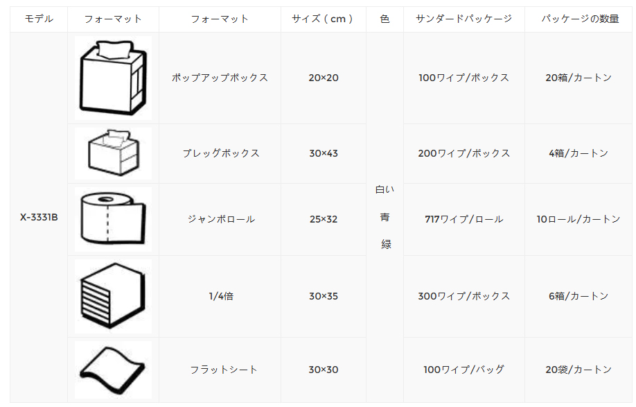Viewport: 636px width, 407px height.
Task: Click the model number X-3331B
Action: click(x=39, y=218)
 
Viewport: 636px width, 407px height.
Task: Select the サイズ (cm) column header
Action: click(x=323, y=19)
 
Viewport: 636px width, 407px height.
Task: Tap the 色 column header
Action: click(x=385, y=19)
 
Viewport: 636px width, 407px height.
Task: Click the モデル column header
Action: click(x=39, y=19)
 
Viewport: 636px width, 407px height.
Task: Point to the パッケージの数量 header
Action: click(x=580, y=19)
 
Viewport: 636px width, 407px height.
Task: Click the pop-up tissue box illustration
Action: click(x=113, y=78)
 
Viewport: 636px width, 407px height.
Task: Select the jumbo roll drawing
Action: click(x=113, y=218)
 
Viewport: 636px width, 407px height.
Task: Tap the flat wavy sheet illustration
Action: click(x=113, y=370)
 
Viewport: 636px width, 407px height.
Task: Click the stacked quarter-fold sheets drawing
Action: click(x=113, y=296)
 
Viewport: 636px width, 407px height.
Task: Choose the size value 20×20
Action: click(x=324, y=78)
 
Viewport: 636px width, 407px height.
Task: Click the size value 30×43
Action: click(x=324, y=153)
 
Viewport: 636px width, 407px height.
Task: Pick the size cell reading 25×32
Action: click(x=324, y=220)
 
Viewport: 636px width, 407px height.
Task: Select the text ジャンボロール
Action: click(x=221, y=220)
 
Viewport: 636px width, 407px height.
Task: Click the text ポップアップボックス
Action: click(x=220, y=78)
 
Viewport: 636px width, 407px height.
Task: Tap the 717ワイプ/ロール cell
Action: click(x=464, y=220)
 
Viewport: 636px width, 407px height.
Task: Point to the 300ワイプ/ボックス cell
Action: click(x=464, y=296)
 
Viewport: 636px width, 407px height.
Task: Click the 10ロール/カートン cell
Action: click(x=578, y=220)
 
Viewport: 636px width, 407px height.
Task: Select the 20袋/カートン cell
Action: click(x=578, y=370)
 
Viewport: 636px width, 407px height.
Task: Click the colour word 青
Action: click(x=385, y=218)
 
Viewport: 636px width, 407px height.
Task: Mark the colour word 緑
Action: click(x=386, y=244)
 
